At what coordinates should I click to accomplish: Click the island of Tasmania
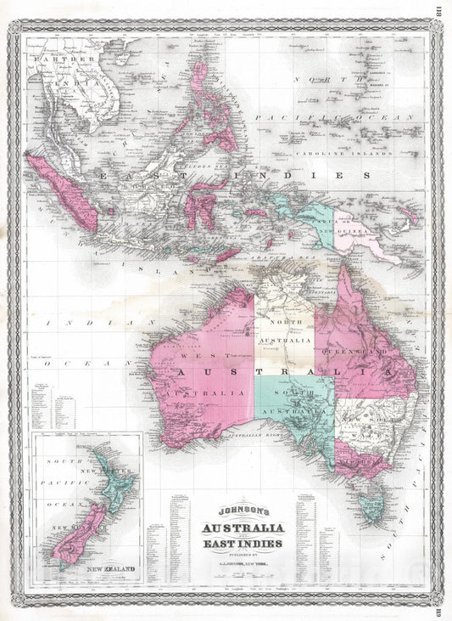[371, 506]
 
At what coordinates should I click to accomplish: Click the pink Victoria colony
[360, 464]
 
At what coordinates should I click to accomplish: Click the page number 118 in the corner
[440, 12]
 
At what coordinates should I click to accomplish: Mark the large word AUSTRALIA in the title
[243, 528]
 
